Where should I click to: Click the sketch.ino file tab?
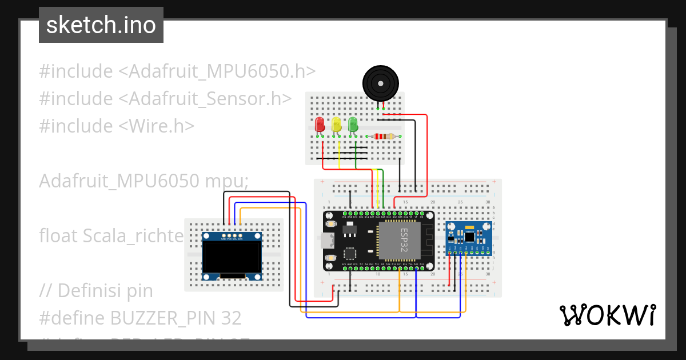[x=101, y=25]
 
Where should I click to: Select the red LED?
[x=320, y=124]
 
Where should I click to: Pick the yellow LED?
[x=336, y=124]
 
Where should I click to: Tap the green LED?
[x=353, y=124]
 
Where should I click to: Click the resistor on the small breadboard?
[x=382, y=136]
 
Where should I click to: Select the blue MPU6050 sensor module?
[x=468, y=238]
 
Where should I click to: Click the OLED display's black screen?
[x=232, y=257]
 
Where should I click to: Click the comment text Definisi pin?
[x=105, y=291]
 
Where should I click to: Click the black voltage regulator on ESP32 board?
[x=348, y=230]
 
